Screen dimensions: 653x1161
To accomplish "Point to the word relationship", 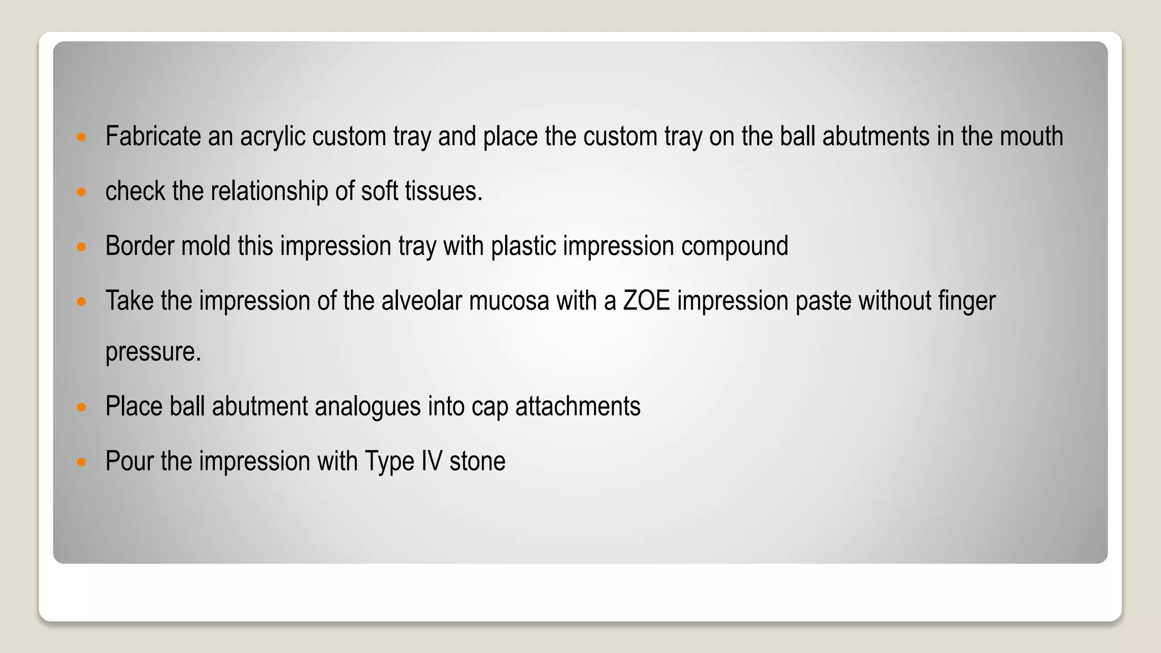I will pos(269,191).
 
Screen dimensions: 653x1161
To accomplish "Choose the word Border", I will pos(139,246).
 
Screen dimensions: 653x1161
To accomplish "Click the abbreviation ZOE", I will pos(646,300).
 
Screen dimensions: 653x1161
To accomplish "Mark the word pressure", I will pos(153,352).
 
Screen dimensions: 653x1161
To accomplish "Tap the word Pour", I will pos(129,461).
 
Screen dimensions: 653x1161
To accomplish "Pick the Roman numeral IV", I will pos(431,461).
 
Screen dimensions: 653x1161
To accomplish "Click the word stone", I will pos(477,461).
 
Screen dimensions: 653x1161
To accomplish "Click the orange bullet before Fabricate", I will pos(82,137).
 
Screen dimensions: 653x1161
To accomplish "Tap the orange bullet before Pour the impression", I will pos(82,462).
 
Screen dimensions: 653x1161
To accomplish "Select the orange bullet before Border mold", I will pos(82,247).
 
